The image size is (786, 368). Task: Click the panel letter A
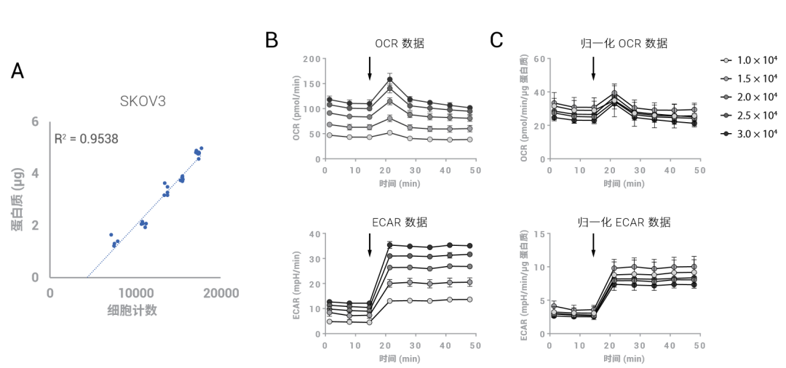pos(18,71)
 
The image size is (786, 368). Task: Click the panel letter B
pos(271,40)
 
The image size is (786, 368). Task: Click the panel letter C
pos(496,40)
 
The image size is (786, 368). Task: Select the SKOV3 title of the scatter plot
pos(143,100)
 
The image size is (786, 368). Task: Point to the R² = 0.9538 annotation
pos(87,137)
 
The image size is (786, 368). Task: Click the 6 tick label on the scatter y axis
pos(35,121)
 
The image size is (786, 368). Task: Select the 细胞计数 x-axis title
pos(132,311)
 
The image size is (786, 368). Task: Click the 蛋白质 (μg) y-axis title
pos(16,198)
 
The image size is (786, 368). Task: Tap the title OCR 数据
pos(400,44)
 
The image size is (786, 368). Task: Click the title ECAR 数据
pos(398,222)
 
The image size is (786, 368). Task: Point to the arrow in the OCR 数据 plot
pos(370,68)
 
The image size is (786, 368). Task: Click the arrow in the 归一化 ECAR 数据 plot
pos(593,244)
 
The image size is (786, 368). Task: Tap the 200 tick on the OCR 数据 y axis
pos(311,59)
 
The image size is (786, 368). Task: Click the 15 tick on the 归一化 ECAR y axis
pos(539,233)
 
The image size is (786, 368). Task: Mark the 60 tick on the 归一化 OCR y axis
pos(539,59)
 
